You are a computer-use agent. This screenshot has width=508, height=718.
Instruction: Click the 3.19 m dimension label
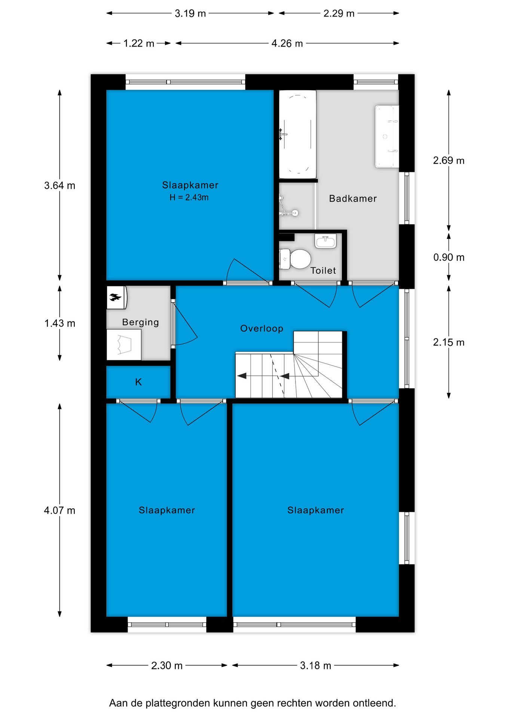pos(190,13)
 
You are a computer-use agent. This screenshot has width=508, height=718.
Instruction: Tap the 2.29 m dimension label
pos(339,13)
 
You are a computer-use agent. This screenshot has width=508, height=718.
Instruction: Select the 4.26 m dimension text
pos(287,43)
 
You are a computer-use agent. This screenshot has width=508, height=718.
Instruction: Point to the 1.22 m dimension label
pos(139,43)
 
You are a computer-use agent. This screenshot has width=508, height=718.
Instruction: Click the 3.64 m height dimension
pos(59,185)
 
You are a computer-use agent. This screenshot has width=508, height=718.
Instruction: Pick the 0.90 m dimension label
pos(449,257)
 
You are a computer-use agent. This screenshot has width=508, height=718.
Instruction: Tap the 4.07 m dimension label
pos(59,510)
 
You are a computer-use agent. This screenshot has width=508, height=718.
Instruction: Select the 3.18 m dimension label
pos(315,666)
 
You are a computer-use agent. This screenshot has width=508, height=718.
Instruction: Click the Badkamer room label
pos(353,199)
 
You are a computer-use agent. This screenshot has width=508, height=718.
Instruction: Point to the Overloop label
pos(261,328)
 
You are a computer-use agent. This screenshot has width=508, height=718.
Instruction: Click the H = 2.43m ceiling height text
pos(189,197)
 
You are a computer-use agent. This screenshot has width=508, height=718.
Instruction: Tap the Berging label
pos(140,322)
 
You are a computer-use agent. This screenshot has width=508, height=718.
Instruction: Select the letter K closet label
pos(138,382)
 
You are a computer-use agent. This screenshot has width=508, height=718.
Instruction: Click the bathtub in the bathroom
pos(298,135)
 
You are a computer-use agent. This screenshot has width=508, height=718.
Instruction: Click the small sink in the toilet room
pos(325,241)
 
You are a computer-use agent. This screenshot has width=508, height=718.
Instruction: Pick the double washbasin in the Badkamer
pos(386,136)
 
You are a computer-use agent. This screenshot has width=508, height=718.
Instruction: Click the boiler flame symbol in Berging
pos(116,298)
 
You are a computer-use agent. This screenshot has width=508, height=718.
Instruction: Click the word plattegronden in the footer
pos(178,703)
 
